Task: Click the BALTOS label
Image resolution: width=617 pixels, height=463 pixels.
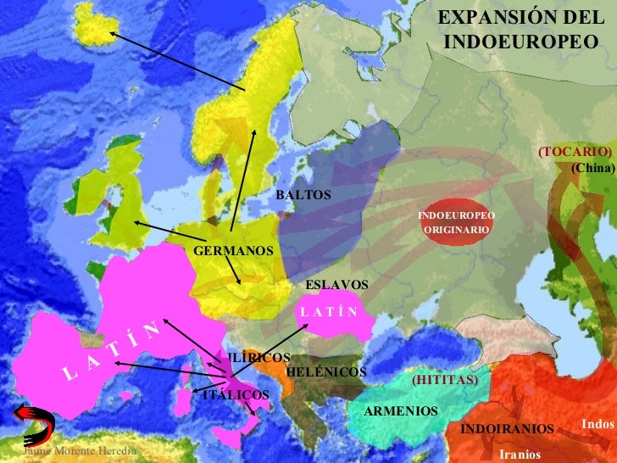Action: click(x=303, y=195)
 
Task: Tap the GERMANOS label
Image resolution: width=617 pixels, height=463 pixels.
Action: click(x=234, y=252)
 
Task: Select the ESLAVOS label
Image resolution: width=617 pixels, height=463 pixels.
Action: click(x=336, y=285)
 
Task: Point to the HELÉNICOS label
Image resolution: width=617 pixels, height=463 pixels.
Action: click(x=326, y=372)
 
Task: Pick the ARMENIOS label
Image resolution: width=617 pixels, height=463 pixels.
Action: click(x=401, y=411)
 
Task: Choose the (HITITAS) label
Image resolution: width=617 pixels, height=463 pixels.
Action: click(x=445, y=381)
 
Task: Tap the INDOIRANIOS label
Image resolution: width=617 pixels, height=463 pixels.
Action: click(x=506, y=429)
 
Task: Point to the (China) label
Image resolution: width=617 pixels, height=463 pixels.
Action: click(x=592, y=167)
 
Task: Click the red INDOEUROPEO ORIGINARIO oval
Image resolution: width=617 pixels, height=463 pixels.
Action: click(x=456, y=223)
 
